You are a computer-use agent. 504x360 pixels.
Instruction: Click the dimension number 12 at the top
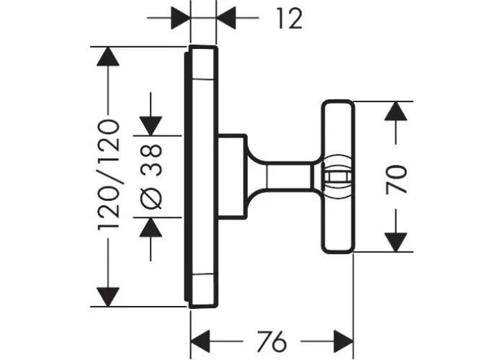(x=289, y=19)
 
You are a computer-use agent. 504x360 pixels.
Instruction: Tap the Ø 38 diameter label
(x=151, y=176)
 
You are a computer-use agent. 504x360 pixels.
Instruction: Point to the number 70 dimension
(x=396, y=179)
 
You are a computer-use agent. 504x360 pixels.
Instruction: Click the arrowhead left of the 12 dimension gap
(x=181, y=18)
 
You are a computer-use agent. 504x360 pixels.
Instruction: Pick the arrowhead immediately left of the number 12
(x=226, y=18)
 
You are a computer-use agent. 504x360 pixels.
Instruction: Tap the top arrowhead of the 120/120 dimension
(x=108, y=57)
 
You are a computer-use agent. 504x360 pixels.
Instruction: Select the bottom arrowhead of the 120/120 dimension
(x=108, y=297)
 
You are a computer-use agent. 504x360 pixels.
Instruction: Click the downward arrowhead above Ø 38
(x=150, y=126)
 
